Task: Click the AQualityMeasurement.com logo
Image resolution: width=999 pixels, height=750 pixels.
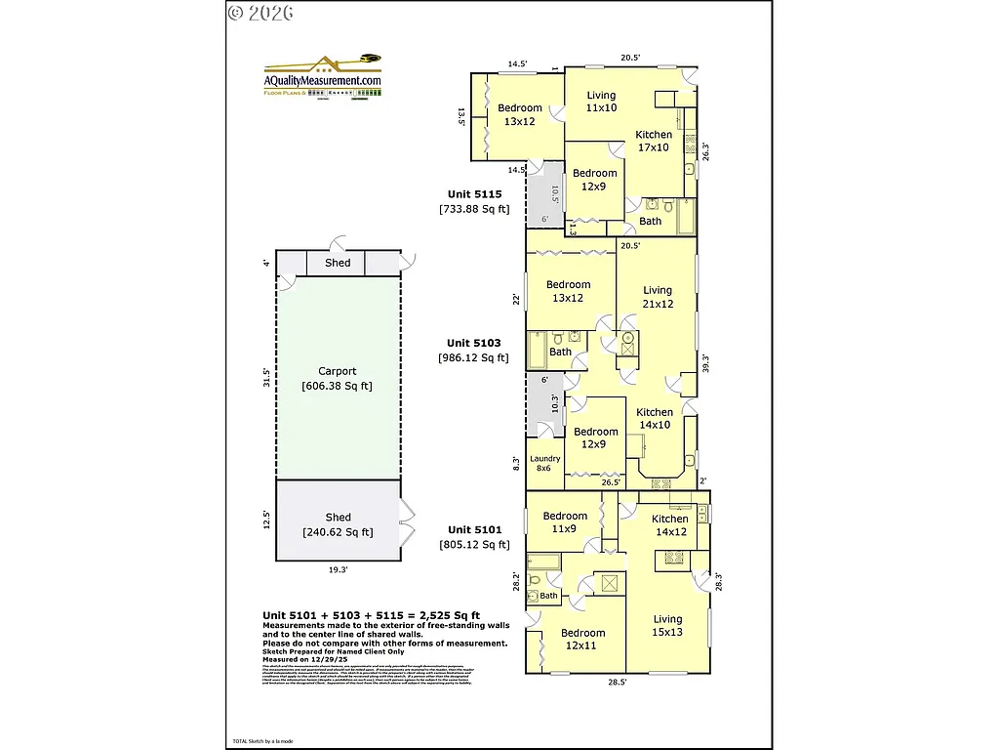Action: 323,76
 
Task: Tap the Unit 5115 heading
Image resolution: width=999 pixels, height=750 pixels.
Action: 474,193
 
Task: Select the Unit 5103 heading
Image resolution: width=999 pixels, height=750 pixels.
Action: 474,343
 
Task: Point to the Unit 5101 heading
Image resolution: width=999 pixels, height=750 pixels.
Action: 474,529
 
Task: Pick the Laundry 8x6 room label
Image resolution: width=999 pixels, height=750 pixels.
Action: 545,464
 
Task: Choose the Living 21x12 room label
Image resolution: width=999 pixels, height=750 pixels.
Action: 658,297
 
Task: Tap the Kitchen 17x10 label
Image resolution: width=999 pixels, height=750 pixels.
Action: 654,141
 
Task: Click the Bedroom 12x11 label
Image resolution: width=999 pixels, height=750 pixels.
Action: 583,640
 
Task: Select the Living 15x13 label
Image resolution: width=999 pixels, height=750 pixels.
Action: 668,625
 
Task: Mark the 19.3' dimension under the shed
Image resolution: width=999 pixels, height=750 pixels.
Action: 338,568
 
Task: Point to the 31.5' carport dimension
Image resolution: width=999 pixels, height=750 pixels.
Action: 265,377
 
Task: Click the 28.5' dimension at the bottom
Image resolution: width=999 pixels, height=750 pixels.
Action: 617,683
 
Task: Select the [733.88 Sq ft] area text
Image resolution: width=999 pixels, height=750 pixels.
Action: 474,209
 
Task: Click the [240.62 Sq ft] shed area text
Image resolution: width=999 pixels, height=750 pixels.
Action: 338,532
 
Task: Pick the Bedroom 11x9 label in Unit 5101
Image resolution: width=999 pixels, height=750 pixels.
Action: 566,522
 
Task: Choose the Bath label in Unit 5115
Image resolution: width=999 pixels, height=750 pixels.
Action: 651,221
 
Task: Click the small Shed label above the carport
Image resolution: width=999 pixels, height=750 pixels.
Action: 338,263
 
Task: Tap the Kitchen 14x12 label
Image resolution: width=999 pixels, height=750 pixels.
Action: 671,525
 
